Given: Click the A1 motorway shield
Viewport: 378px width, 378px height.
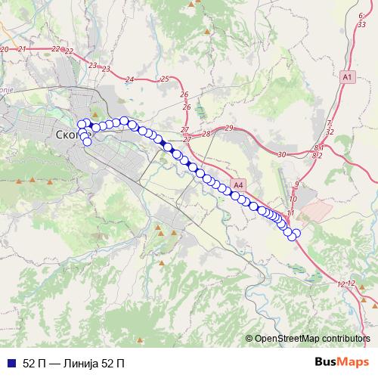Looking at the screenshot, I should [x=347, y=77].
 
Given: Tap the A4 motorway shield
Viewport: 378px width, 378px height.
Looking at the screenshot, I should [x=239, y=184].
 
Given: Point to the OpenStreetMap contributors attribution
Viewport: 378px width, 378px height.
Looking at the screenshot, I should [x=309, y=339].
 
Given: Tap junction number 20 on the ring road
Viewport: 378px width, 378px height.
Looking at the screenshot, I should [x=5, y=49].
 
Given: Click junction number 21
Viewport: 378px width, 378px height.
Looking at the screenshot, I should [x=22, y=48].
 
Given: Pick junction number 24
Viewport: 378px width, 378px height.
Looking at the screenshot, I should [x=130, y=79].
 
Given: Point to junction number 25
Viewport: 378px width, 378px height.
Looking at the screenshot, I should [x=165, y=79].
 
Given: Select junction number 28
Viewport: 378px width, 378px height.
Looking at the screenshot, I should [x=206, y=134].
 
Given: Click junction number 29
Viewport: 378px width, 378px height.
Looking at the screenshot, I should [x=230, y=129].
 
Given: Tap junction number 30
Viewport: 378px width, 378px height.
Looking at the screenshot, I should [x=282, y=154].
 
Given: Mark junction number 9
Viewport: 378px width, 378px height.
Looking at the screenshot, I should [x=297, y=184].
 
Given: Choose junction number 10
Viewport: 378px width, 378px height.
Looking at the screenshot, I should [x=293, y=199].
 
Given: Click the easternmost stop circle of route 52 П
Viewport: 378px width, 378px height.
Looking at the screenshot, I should [x=296, y=234].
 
